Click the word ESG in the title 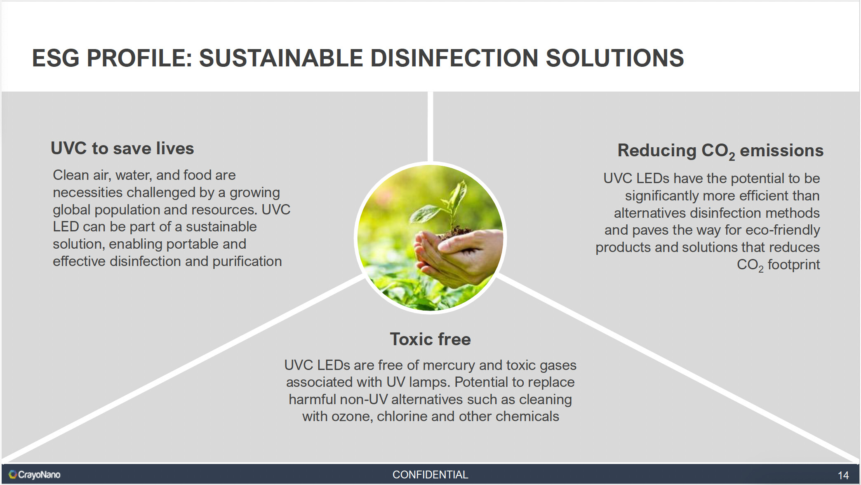[56, 58]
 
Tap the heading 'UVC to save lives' [122, 148]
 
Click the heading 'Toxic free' [430, 339]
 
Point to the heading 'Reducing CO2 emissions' [720, 151]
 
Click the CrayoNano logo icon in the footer [13, 475]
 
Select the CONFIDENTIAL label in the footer [430, 475]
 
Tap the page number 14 [843, 476]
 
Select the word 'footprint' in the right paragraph [794, 265]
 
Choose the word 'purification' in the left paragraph [247, 261]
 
